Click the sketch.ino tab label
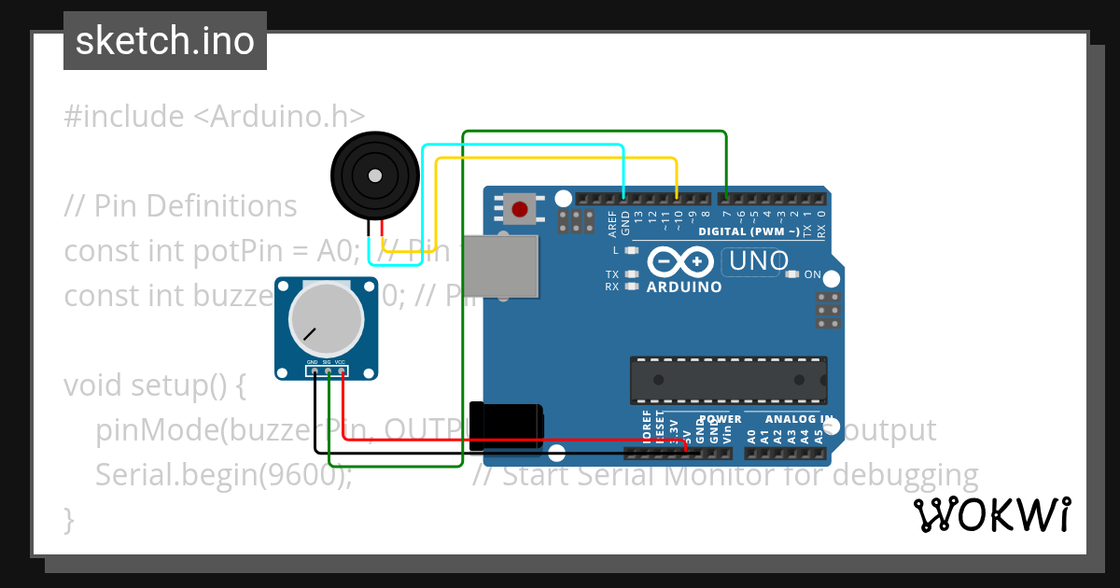[165, 41]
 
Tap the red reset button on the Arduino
[520, 207]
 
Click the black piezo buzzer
[374, 175]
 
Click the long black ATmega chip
[728, 379]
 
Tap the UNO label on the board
[759, 261]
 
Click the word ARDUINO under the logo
[684, 287]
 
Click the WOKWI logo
[991, 514]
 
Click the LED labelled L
[632, 251]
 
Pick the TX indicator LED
[633, 274]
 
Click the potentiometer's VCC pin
[343, 372]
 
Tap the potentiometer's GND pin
[315, 372]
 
